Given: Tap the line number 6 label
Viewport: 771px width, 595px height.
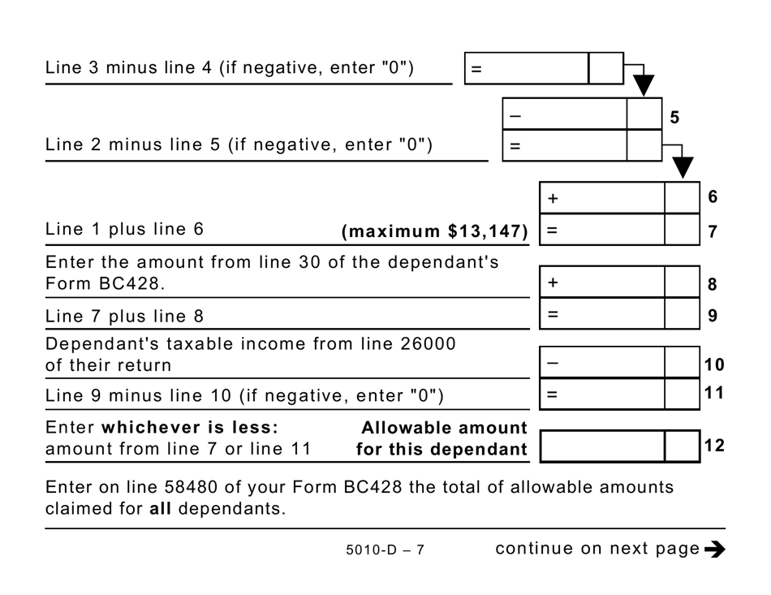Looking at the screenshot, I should click(x=713, y=196).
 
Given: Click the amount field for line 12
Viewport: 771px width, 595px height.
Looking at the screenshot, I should click(x=601, y=446).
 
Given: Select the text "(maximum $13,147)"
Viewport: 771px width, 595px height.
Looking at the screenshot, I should click(x=435, y=231).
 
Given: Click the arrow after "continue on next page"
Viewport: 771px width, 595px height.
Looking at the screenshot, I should click(x=715, y=550).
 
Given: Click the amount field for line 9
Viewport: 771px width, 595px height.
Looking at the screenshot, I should click(x=601, y=313).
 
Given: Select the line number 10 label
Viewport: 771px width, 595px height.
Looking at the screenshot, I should click(x=713, y=364).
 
